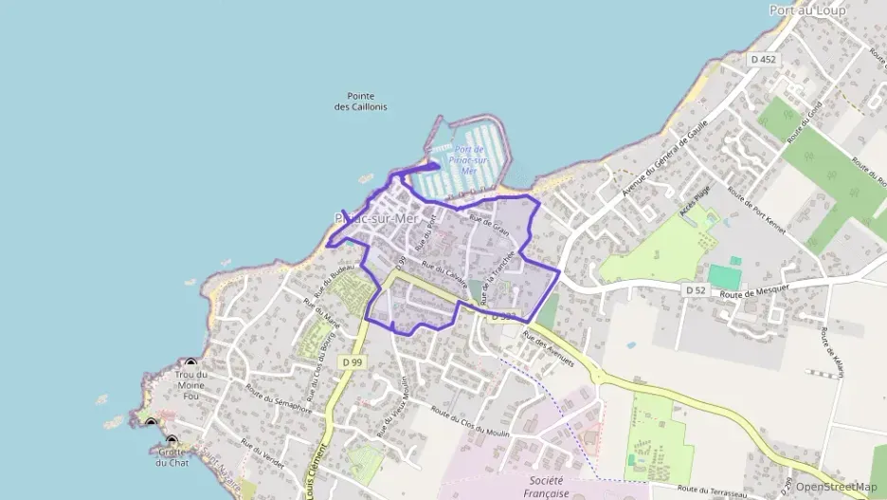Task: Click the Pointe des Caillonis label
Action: [360, 102]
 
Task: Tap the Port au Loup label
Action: [807, 9]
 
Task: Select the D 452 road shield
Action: [762, 59]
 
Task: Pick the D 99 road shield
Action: [353, 361]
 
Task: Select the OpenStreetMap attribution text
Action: [836, 486]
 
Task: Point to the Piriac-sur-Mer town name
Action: [377, 218]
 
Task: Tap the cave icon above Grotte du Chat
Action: [172, 440]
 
